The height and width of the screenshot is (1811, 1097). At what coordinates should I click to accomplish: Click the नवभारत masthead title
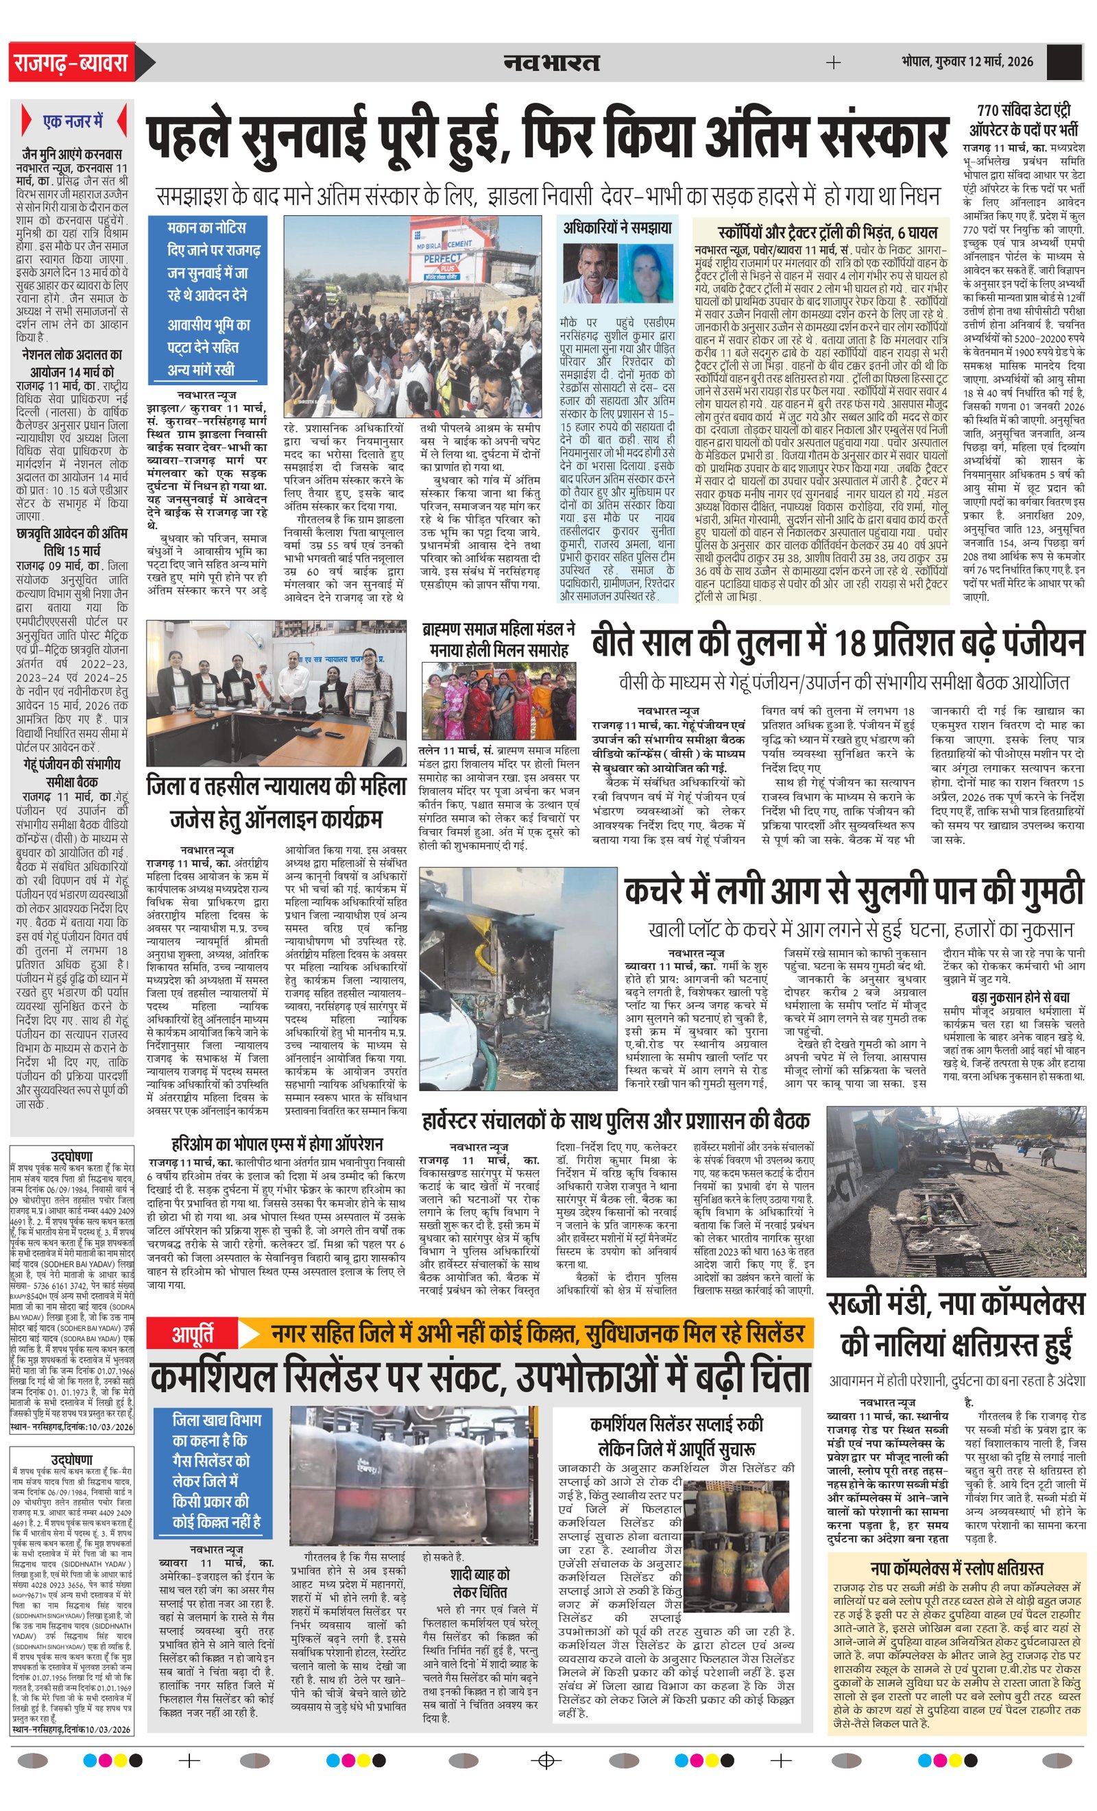coord(551,62)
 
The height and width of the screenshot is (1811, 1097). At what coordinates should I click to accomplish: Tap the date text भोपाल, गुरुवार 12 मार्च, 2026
coord(967,61)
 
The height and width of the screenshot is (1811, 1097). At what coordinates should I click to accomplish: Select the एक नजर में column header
coord(73,121)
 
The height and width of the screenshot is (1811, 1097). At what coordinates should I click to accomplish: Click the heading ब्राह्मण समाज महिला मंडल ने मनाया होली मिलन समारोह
coord(498,639)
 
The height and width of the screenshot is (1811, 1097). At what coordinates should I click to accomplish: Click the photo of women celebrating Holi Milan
coord(498,700)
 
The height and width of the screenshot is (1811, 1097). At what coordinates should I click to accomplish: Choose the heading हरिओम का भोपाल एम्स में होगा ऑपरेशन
coord(276,1144)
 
